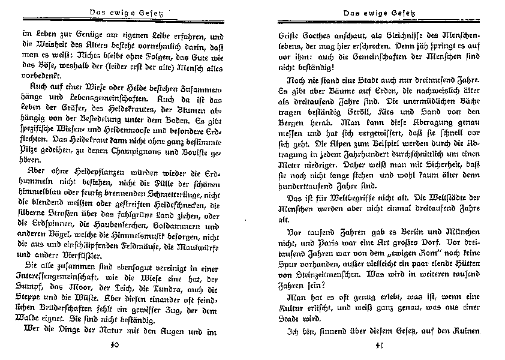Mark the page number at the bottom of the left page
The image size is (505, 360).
(116, 344)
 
